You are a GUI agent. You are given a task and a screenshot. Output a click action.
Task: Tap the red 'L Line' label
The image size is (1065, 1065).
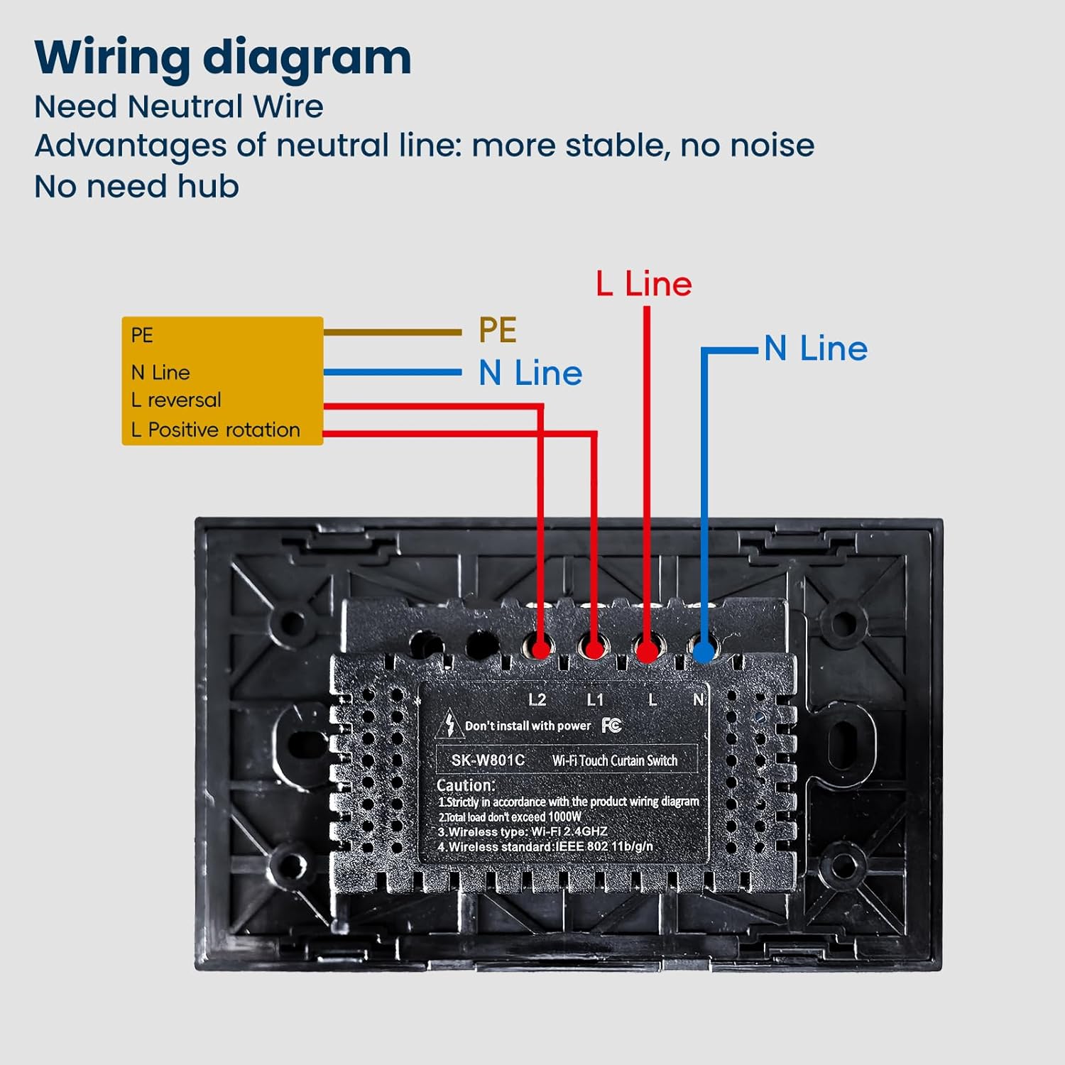click(644, 284)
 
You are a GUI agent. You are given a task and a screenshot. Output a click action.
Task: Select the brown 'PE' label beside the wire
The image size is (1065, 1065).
click(497, 330)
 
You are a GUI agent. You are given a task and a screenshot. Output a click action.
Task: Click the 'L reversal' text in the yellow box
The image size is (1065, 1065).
click(176, 400)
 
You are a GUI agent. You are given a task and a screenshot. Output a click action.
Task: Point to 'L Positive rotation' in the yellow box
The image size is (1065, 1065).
click(215, 430)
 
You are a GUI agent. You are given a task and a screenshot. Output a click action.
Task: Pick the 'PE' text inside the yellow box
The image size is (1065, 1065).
click(142, 335)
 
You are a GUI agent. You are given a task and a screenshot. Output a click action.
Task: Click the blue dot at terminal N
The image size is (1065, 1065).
click(704, 651)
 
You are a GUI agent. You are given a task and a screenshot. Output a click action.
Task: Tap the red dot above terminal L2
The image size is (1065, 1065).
click(540, 649)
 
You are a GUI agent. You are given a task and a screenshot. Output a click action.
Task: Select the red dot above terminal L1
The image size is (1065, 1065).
click(594, 649)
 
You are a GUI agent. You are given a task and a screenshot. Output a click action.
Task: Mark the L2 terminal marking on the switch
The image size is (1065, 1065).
click(537, 700)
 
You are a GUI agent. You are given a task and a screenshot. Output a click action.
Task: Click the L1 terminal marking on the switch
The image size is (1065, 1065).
click(595, 700)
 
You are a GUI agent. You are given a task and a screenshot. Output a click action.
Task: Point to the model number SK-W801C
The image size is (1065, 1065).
click(488, 760)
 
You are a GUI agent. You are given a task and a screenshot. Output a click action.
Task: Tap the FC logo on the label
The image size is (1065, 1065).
click(611, 725)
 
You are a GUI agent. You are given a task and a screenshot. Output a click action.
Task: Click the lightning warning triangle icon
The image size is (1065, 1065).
click(449, 725)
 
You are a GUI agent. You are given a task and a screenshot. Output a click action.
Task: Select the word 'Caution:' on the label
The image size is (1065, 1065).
click(466, 785)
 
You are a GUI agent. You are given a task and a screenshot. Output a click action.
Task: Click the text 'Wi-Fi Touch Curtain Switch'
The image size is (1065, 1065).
click(615, 760)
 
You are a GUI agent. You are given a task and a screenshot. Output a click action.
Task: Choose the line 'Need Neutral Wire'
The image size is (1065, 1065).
click(179, 107)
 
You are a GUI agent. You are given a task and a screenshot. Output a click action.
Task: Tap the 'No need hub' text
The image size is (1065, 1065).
click(136, 187)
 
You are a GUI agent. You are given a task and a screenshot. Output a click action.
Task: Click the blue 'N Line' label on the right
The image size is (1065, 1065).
click(816, 349)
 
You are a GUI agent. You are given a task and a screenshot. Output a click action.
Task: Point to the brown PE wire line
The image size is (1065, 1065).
click(392, 332)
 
